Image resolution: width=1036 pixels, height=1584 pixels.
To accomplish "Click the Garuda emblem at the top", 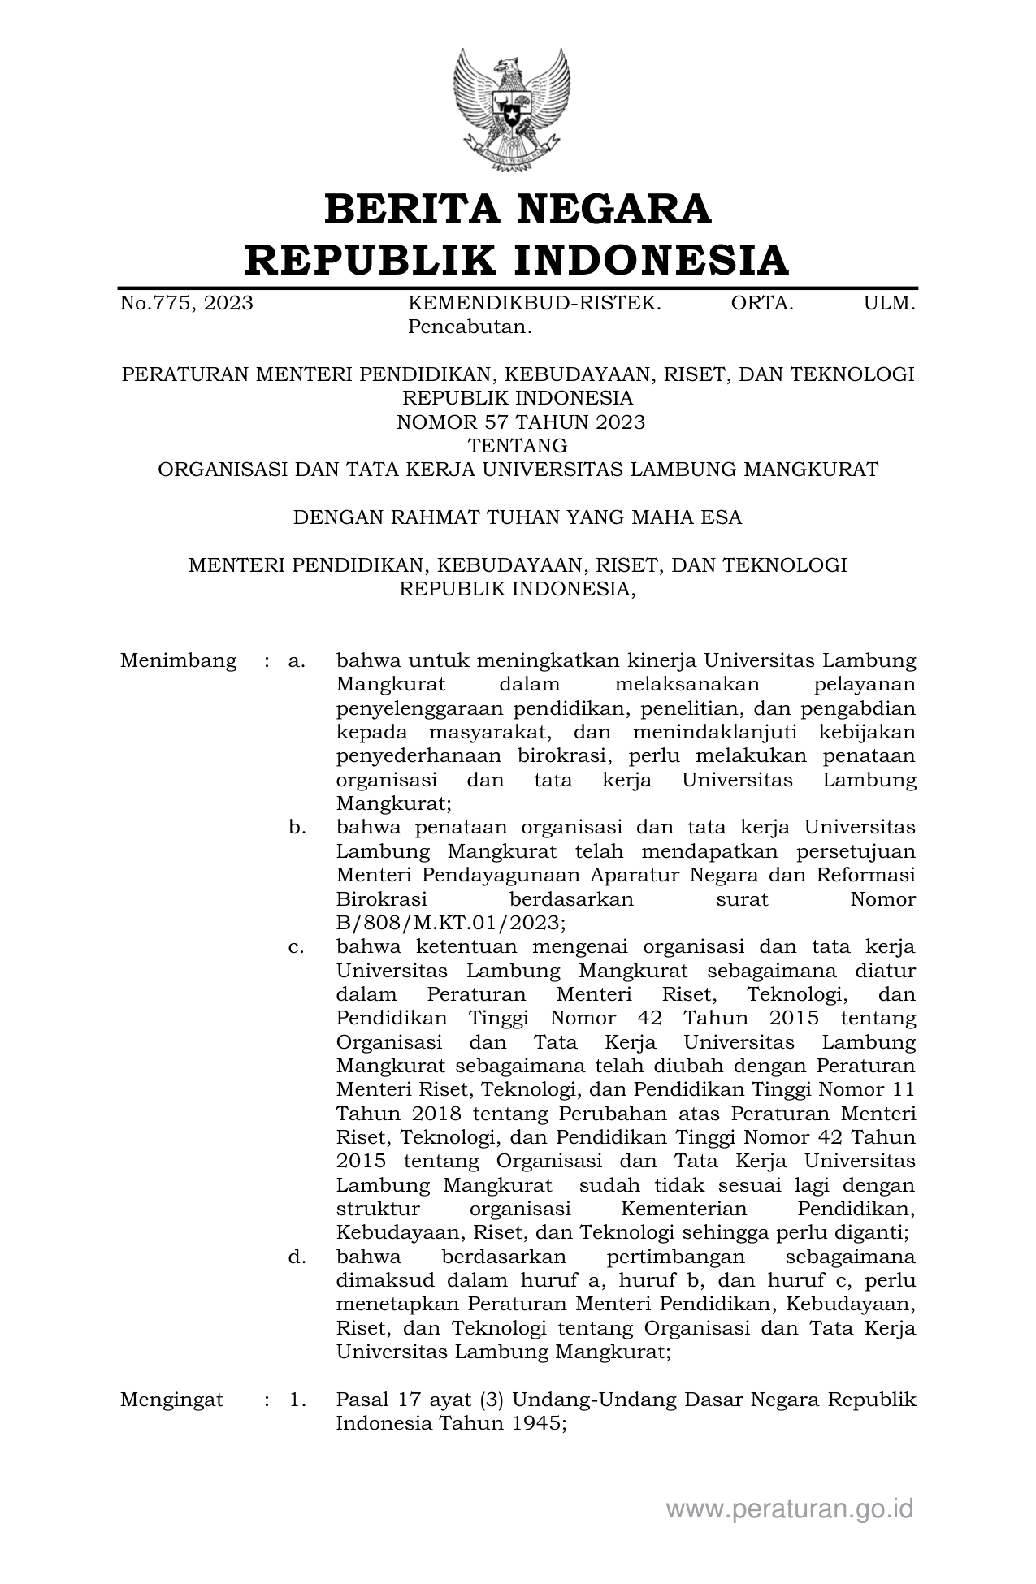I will tap(511, 110).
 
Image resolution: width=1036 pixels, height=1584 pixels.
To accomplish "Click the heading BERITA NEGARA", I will tap(518, 210).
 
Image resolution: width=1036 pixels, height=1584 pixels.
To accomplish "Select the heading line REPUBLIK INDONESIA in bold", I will tap(518, 260).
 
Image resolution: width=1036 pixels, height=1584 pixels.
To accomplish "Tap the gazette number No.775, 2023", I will tap(186, 304).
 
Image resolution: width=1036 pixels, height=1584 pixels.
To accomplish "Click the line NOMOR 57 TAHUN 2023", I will tap(520, 422).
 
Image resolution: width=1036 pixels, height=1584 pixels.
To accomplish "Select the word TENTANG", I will tap(518, 446).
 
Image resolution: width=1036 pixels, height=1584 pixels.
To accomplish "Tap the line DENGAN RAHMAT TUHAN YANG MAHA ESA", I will tap(518, 517).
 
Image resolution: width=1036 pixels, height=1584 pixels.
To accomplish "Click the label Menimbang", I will tap(178, 661).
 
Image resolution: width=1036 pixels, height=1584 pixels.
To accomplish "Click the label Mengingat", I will tap(171, 1400).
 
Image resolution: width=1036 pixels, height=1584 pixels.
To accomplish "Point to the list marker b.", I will tap(297, 828).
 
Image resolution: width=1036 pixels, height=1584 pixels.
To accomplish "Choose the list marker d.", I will tap(297, 1257).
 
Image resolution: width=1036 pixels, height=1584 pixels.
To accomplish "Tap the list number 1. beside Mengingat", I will tap(297, 1400).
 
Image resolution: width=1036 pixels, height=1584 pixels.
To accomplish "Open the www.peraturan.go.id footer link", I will tap(790, 1509).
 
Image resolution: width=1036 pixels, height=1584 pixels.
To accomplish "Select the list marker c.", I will tap(297, 947).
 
